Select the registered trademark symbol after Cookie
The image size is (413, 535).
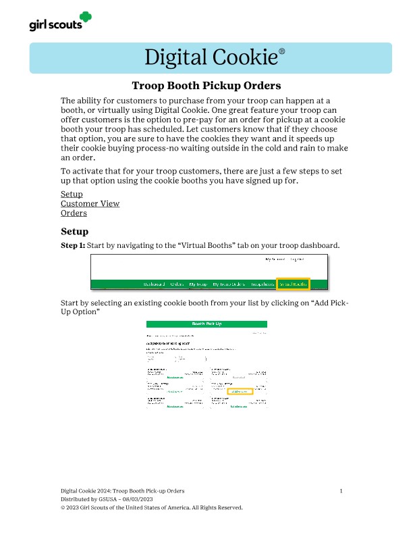[x=282, y=51]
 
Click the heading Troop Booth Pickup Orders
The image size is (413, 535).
[x=206, y=86]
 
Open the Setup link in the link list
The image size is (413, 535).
[x=72, y=195]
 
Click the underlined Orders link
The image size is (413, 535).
[x=74, y=213]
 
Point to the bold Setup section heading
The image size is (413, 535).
[x=75, y=232]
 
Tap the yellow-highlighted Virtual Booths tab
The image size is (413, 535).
[x=294, y=284]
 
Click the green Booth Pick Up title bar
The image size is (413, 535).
[x=206, y=324]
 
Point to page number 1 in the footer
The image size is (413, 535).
[x=341, y=490]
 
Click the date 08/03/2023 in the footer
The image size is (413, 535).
[x=135, y=499]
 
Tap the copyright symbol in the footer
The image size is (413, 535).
[x=63, y=507]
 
